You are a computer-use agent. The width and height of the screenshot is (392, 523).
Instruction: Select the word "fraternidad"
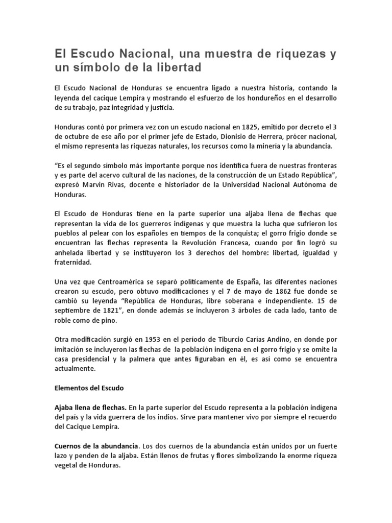(x=73, y=263)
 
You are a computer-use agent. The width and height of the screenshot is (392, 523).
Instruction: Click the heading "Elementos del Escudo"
(x=89, y=388)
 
